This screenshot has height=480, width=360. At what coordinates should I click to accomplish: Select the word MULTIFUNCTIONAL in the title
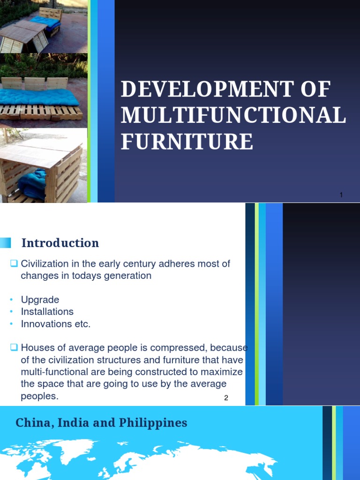tap(233, 116)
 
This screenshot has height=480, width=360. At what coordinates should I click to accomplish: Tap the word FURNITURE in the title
tap(187, 142)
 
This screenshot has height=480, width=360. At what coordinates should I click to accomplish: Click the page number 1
tap(342, 195)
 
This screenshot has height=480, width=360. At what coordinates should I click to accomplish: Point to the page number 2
tap(226, 398)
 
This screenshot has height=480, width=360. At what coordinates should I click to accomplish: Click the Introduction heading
tap(60, 243)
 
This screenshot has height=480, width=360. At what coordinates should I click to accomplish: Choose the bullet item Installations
tap(47, 312)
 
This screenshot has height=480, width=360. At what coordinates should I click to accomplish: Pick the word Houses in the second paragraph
tap(36, 348)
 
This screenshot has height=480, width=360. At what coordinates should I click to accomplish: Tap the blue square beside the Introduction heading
tap(5, 243)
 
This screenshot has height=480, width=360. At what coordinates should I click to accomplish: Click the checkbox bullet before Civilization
tap(14, 264)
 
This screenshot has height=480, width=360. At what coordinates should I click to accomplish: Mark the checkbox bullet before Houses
tap(14, 348)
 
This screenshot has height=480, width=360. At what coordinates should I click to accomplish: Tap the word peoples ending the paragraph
tap(40, 396)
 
